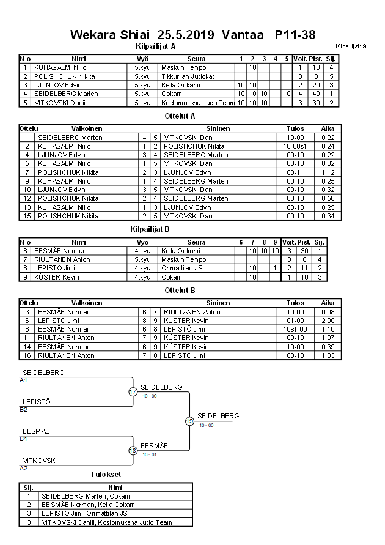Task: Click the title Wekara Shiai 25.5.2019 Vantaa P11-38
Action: [x=193, y=34]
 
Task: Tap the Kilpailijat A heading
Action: [x=155, y=46]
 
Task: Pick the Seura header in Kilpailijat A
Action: [x=196, y=59]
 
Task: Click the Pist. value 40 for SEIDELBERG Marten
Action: [x=316, y=94]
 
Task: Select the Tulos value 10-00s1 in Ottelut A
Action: [x=295, y=147]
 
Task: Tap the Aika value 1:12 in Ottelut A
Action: [x=328, y=172]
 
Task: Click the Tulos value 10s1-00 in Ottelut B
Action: [x=295, y=329]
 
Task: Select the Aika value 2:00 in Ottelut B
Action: [x=328, y=321]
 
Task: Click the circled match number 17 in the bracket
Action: [x=133, y=391]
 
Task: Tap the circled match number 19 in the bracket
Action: [x=189, y=421]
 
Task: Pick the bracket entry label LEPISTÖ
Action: [x=36, y=402]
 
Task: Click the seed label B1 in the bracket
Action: [x=24, y=439]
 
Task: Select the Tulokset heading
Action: [x=106, y=475]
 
